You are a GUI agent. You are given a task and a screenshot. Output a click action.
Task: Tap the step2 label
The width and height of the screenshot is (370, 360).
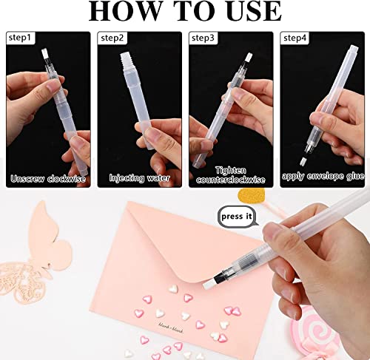pyautogui.click(x=112, y=36)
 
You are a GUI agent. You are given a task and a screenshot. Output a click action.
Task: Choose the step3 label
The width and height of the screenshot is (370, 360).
pyautogui.click(x=203, y=36)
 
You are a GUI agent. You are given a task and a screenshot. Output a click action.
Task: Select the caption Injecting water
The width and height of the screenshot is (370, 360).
pyautogui.click(x=140, y=177)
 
